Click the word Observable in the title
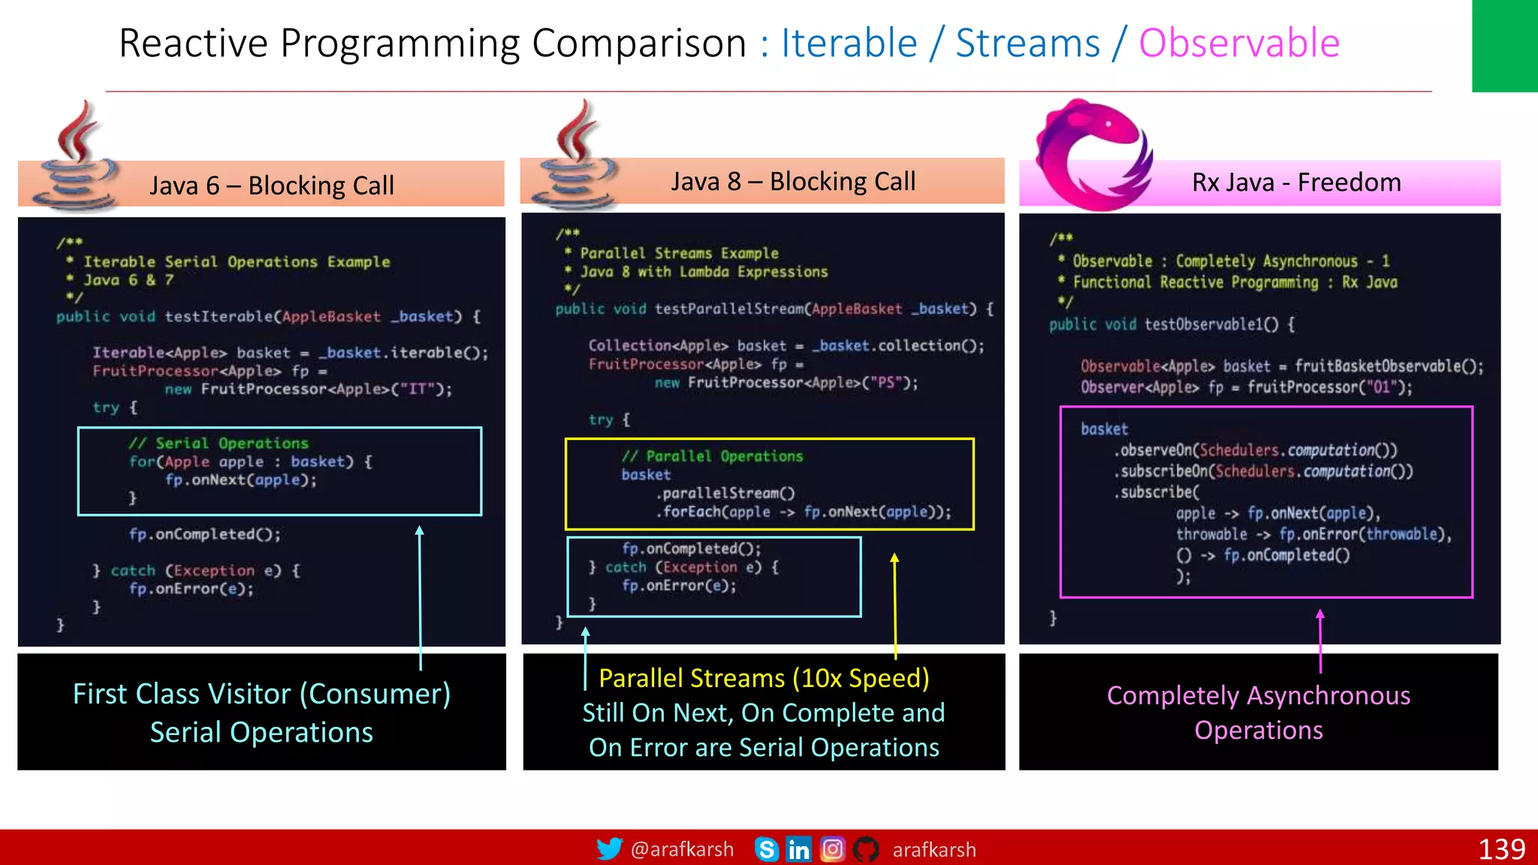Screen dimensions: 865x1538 tap(1239, 43)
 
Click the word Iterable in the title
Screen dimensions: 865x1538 tap(849, 43)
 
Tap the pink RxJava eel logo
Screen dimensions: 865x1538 tap(1093, 154)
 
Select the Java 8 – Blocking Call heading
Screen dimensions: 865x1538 tap(793, 181)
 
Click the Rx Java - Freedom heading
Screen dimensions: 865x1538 tap(1296, 182)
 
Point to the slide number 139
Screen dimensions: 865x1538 tap(1501, 849)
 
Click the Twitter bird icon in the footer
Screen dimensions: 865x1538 tap(609, 849)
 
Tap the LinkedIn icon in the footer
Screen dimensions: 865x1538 tap(798, 849)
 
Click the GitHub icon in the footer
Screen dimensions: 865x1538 tap(866, 849)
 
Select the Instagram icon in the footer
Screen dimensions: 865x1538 tap(832, 849)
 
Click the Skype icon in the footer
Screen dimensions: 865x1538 tap(766, 849)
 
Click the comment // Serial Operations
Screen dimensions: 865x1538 tap(219, 443)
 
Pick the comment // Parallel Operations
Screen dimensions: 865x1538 tap(712, 456)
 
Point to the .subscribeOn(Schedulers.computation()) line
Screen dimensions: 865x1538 tap(1263, 472)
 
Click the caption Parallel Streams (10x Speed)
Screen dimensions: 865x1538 tap(764, 678)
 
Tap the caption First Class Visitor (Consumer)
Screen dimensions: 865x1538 tap(261, 694)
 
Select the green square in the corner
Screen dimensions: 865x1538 tap(1504, 45)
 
